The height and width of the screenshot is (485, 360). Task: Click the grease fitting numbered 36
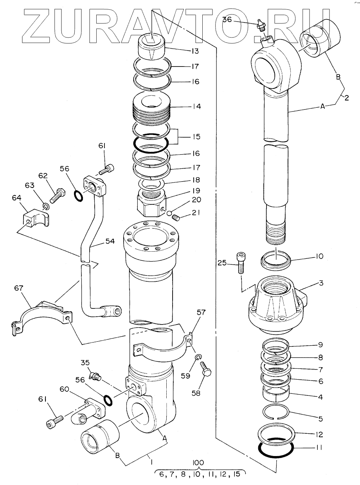point(260,25)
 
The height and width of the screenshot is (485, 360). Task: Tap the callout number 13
point(195,51)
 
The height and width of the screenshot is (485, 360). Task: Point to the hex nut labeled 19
point(151,202)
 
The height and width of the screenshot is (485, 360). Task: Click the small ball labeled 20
point(169,213)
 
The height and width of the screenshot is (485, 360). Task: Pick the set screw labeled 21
point(176,218)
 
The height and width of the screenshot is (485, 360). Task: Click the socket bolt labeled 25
point(241,263)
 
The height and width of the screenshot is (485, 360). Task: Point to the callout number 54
point(110,241)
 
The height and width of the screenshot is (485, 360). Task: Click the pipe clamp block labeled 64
point(36,218)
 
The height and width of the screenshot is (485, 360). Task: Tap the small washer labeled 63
point(46,206)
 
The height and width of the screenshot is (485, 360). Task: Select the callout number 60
point(64,389)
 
